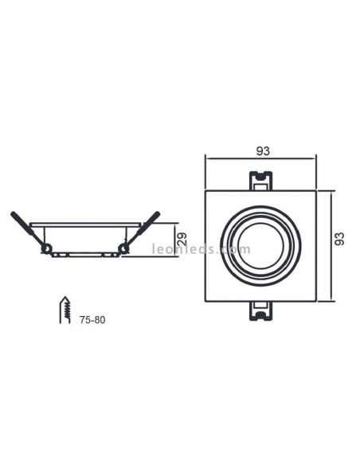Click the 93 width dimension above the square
pos(263,151)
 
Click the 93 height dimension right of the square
pos(339,239)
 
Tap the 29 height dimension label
pos(182,239)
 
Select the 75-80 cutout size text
pos(92,320)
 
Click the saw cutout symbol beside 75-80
pos(65,310)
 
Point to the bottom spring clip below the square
pos(260,311)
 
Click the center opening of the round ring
pos(260,245)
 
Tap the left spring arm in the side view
pos(29,230)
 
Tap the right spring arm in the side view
pos(141,230)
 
